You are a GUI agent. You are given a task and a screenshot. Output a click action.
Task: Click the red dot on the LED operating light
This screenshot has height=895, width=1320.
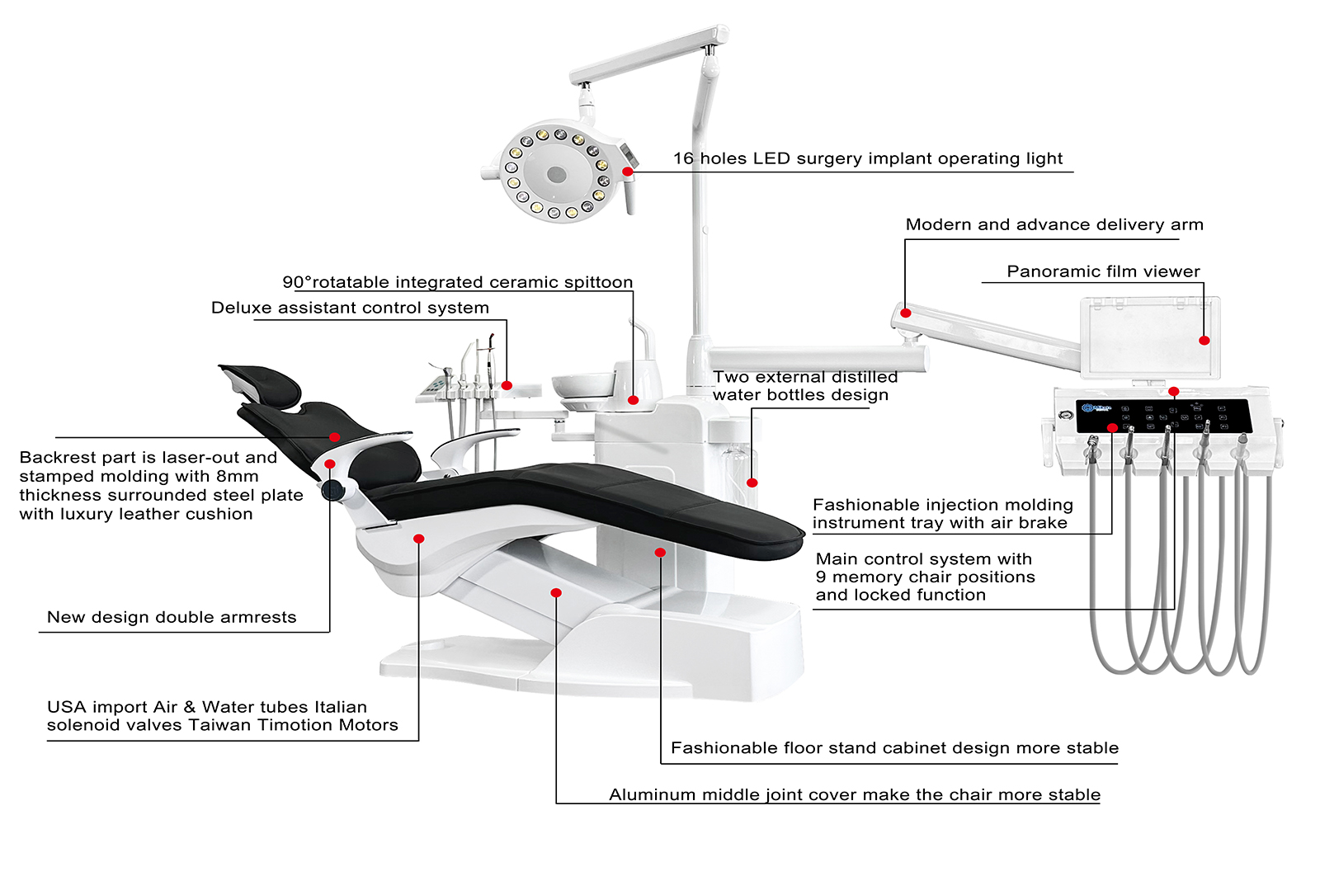pyautogui.click(x=628, y=172)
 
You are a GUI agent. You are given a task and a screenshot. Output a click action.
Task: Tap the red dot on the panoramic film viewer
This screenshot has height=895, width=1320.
pyautogui.click(x=1204, y=341)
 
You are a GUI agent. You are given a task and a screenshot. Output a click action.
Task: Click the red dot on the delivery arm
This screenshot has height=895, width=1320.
pyautogui.click(x=906, y=313)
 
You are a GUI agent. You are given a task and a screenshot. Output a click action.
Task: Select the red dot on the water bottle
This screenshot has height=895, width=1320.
pyautogui.click(x=752, y=483)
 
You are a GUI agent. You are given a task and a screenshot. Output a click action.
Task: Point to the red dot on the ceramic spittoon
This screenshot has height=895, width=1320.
pyautogui.click(x=633, y=401)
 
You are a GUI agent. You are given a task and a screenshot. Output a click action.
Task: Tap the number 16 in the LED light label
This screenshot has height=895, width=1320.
pyautogui.click(x=683, y=158)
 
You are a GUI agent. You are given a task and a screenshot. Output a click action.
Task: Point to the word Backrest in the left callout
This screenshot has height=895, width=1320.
pyautogui.click(x=58, y=458)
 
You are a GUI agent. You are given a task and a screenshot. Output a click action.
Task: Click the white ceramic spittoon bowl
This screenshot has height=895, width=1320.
pyautogui.click(x=582, y=385)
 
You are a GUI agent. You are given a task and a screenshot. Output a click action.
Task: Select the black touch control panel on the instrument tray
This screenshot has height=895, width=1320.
pyautogui.click(x=1163, y=416)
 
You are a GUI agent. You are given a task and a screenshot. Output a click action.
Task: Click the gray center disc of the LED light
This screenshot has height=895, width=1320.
pyautogui.click(x=557, y=175)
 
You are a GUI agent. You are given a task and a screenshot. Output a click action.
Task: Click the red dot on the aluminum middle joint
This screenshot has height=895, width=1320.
pyautogui.click(x=556, y=593)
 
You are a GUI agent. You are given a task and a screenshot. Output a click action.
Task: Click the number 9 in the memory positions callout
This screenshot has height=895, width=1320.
pyautogui.click(x=821, y=577)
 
